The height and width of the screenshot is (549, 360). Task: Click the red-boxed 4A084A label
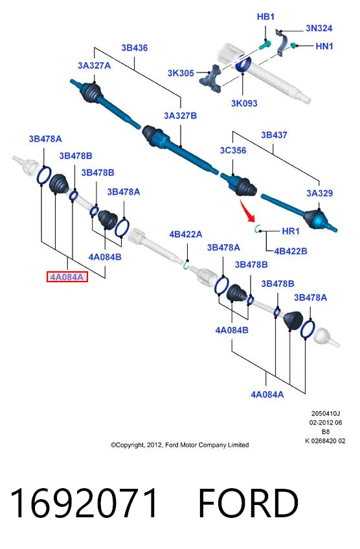click(x=67, y=277)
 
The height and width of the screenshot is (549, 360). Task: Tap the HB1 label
click(x=265, y=16)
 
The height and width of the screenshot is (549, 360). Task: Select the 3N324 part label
click(x=319, y=28)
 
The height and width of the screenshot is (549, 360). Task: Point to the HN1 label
click(x=324, y=46)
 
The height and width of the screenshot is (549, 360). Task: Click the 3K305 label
click(x=181, y=73)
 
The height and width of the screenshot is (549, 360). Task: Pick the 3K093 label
click(x=244, y=104)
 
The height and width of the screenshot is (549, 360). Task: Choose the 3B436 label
click(x=135, y=48)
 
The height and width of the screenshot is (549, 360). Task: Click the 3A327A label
click(x=94, y=65)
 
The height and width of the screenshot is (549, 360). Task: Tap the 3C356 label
click(x=233, y=150)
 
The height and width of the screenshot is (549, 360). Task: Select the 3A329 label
click(x=319, y=193)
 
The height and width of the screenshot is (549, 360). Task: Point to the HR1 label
click(x=291, y=231)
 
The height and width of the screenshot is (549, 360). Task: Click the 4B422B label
click(x=291, y=251)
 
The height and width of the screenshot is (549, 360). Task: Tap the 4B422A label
click(x=186, y=234)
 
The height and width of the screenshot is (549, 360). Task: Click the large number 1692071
click(x=84, y=503)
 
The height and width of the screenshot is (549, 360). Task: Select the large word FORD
click(x=248, y=503)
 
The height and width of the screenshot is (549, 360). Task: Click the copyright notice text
click(x=179, y=445)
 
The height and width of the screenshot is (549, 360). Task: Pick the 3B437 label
click(x=274, y=135)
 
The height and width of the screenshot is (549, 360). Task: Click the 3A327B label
click(x=181, y=115)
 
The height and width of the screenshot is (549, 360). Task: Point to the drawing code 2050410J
click(x=326, y=414)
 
